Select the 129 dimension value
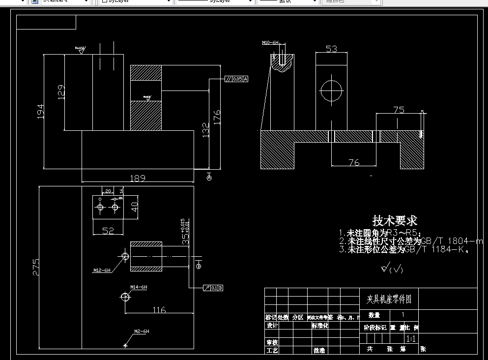[x=61, y=92]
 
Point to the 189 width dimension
[x=137, y=178]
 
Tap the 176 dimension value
[x=217, y=117]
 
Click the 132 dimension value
[x=206, y=129]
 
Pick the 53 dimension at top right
[x=332, y=49]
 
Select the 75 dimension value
[x=399, y=110]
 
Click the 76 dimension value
[x=354, y=162]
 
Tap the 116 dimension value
[x=159, y=310]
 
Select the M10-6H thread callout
[x=270, y=43]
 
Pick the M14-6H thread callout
[x=139, y=287]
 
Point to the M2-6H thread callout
[x=142, y=331]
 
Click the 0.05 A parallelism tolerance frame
[x=236, y=79]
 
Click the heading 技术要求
[x=395, y=221]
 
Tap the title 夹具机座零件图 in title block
[x=389, y=299]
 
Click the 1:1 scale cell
[x=411, y=339]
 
